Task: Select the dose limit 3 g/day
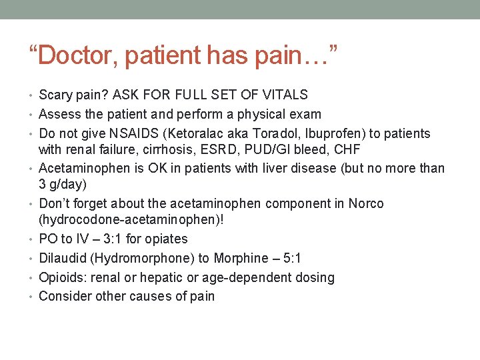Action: [65, 184]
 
